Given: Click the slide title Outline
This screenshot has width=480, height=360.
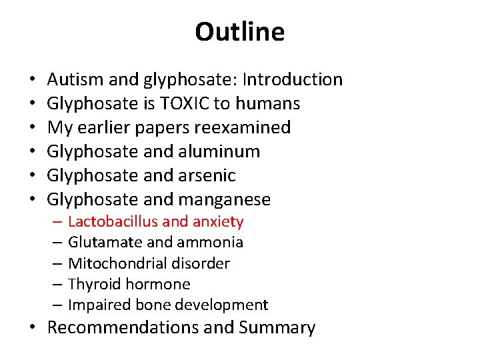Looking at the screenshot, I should click(239, 32).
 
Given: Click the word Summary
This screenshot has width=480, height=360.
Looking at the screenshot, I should click(277, 327).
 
